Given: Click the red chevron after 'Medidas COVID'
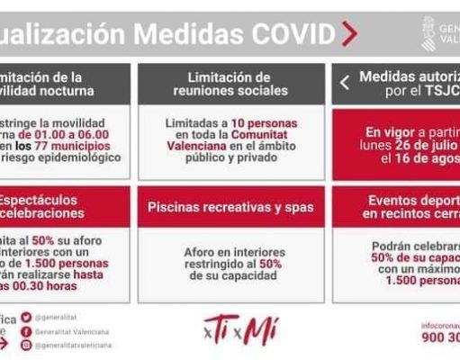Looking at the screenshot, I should (349, 34).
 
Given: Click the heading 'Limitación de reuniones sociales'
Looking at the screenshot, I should (231, 84).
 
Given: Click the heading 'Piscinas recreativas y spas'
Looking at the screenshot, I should (231, 207).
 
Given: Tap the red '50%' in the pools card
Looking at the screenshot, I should (270, 263).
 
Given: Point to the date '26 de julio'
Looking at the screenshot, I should (423, 145).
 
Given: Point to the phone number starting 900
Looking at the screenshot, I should (440, 338).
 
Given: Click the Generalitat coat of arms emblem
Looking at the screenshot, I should (428, 33).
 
